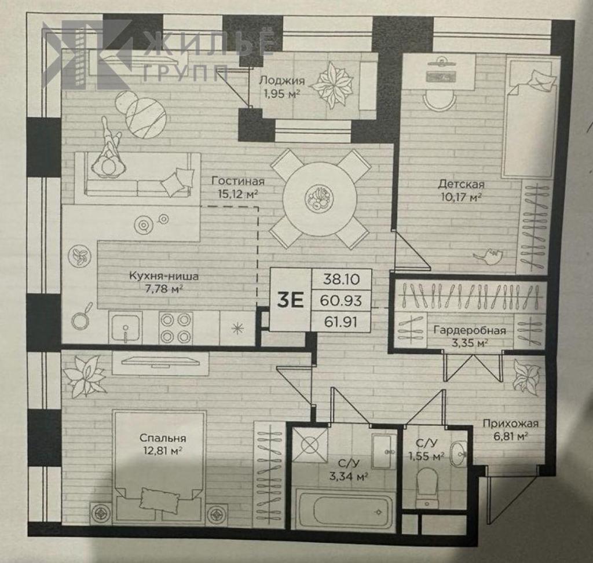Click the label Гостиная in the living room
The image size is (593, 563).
point(237,181)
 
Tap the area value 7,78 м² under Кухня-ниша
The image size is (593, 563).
point(163,289)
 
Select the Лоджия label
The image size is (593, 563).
point(282,80)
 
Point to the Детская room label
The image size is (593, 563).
point(461,185)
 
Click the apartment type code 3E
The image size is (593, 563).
point(291,300)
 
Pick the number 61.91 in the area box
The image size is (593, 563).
point(341,322)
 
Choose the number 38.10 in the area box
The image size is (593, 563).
point(341,279)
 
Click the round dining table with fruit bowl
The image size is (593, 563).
point(320,198)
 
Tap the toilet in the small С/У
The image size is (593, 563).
point(427,488)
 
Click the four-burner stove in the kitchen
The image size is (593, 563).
point(175,328)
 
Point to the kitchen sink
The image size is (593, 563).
point(125,328)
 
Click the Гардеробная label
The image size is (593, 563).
point(469,330)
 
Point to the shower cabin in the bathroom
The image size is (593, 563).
point(310,445)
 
